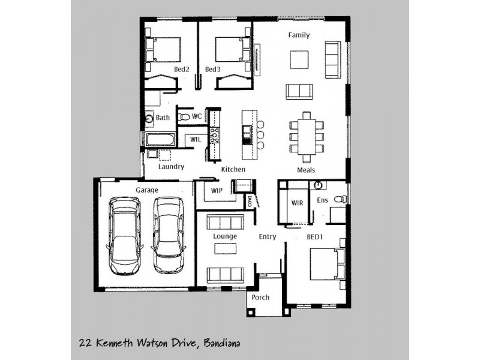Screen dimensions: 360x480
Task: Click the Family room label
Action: click(x=299, y=35)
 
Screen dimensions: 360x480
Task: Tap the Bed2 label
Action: click(x=182, y=70)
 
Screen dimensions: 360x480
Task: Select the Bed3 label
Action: click(x=213, y=70)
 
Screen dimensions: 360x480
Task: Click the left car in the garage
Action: click(x=124, y=235)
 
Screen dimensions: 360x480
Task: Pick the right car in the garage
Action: click(x=167, y=235)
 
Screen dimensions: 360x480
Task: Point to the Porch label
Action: click(x=260, y=298)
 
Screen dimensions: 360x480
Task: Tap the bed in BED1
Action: click(x=326, y=264)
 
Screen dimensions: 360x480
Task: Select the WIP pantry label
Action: click(x=217, y=191)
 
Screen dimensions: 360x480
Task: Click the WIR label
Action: click(x=297, y=203)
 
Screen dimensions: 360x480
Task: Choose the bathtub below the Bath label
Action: click(x=159, y=140)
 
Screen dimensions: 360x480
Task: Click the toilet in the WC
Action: click(x=184, y=117)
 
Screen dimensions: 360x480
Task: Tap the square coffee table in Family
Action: click(x=299, y=60)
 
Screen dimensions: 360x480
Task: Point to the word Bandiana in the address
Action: click(x=223, y=344)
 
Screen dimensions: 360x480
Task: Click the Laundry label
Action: click(x=171, y=167)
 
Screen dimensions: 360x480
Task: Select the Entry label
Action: click(x=268, y=237)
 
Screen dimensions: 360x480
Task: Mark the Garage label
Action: click(x=146, y=190)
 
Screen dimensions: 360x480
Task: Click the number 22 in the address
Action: click(x=85, y=344)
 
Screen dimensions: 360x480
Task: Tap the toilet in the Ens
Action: click(x=339, y=199)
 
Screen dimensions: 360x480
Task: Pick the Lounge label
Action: click(x=225, y=236)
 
